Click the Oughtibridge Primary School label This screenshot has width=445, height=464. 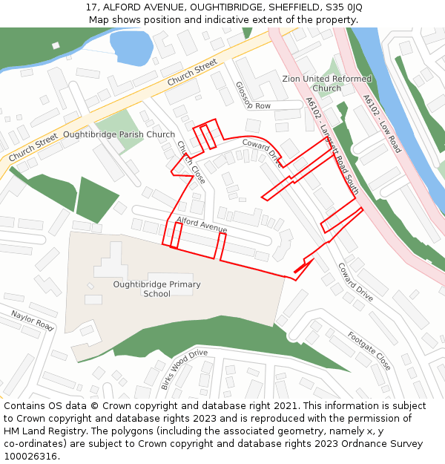pos(156,289)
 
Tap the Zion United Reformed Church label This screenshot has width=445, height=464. pos(327,83)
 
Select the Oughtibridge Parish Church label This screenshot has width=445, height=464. pos(119,135)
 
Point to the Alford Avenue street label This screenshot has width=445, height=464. pos(202,224)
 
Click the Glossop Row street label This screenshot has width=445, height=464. pos(252,96)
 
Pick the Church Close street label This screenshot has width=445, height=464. pos(191,162)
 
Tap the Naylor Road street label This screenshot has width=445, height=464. pos(33,321)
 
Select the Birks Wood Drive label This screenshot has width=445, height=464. pos(184,368)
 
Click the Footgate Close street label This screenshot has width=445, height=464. pos(369,350)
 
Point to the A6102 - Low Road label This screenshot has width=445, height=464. pos(381,123)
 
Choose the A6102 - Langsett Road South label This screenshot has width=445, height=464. pos(332,146)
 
